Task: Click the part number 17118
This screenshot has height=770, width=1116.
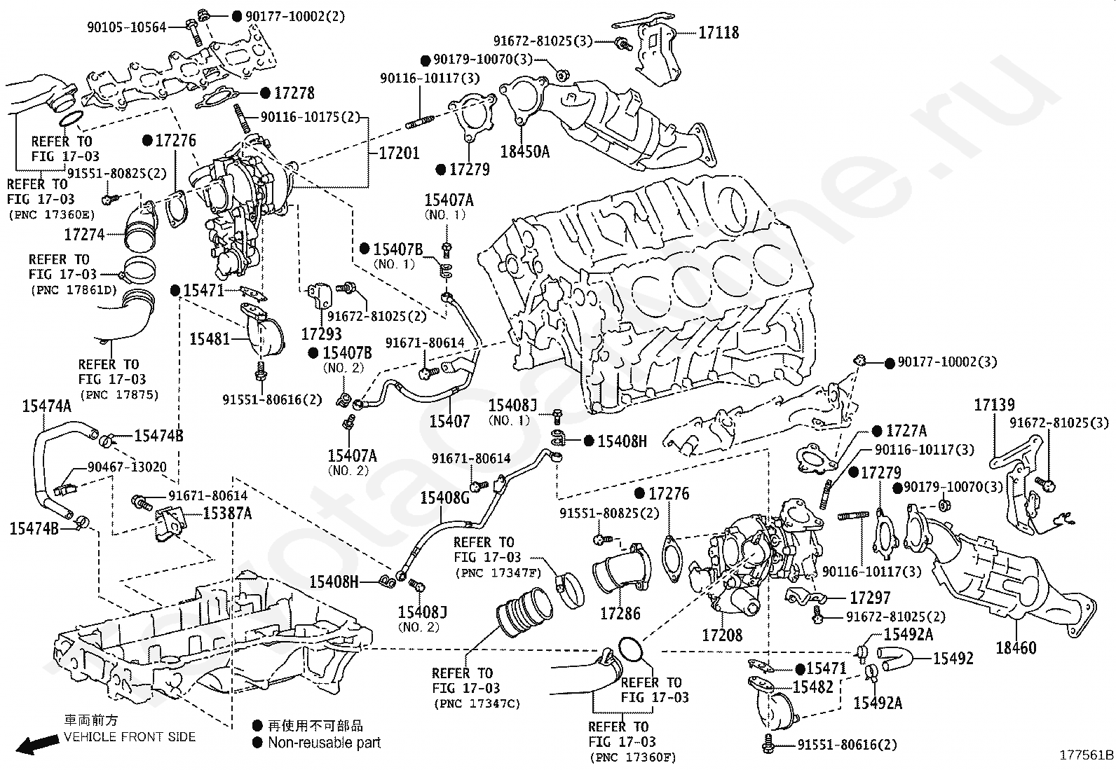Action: (x=719, y=33)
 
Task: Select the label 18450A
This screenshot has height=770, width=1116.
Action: (x=524, y=151)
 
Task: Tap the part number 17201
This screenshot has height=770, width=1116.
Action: (x=399, y=153)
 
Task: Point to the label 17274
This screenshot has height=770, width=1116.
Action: (x=84, y=234)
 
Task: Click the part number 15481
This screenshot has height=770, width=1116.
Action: (x=210, y=339)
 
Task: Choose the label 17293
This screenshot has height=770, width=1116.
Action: (x=321, y=334)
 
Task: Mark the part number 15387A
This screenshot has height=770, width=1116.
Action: (x=227, y=513)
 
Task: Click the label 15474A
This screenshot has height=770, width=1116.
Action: (x=47, y=406)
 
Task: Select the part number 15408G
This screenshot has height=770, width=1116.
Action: (x=445, y=497)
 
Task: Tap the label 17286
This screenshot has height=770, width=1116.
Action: (x=620, y=614)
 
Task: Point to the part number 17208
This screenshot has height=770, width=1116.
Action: (x=722, y=635)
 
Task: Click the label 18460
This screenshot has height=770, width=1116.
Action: (x=1016, y=648)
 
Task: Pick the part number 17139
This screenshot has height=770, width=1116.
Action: (x=995, y=405)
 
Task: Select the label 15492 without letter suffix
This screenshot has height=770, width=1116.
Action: (x=953, y=659)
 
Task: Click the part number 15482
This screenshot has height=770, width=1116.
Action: (x=812, y=687)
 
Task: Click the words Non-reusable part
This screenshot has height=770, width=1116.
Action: (x=325, y=743)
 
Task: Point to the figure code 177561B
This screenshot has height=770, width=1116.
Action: (x=1086, y=755)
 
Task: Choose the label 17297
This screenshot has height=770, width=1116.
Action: (x=870, y=598)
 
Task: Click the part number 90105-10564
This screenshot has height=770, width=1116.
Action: (x=127, y=27)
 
